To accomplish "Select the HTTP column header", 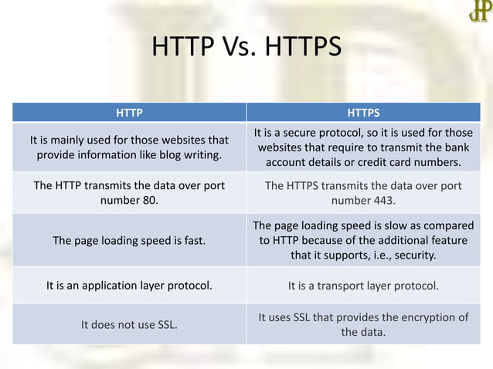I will pyautogui.click(x=129, y=112).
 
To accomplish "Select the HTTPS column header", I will pyautogui.click(x=362, y=112).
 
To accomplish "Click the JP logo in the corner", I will pyautogui.click(x=478, y=12).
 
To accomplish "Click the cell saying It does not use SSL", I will pyautogui.click(x=129, y=324).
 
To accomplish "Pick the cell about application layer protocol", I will pyautogui.click(x=129, y=286).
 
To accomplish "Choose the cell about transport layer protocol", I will pyautogui.click(x=363, y=286).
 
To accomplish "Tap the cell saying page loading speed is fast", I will pyautogui.click(x=129, y=240).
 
